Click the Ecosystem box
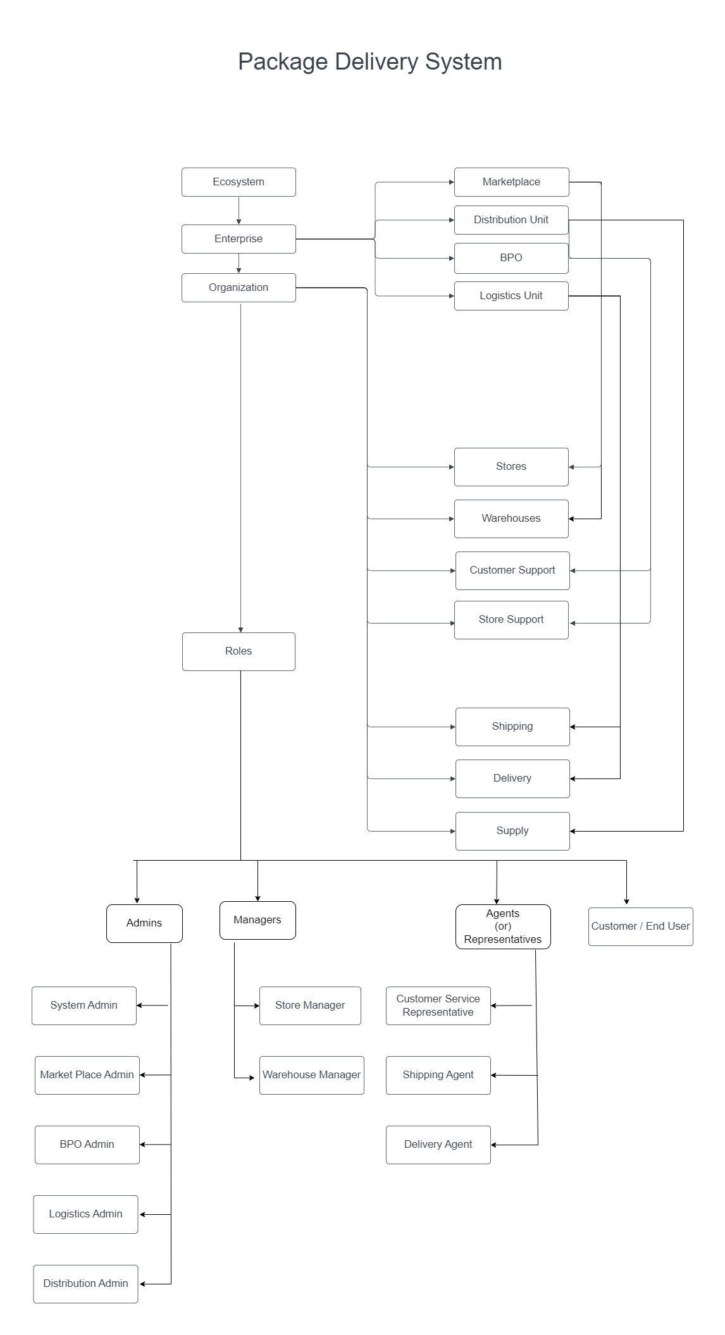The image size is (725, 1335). pyautogui.click(x=239, y=182)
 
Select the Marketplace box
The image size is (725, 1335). pyautogui.click(x=511, y=182)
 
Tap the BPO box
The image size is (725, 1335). pyautogui.click(x=511, y=258)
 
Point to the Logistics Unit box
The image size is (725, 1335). pyautogui.click(x=511, y=296)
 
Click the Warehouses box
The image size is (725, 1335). pyautogui.click(x=511, y=519)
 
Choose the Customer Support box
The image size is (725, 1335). pyautogui.click(x=512, y=570)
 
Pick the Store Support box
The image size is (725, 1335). pyautogui.click(x=511, y=620)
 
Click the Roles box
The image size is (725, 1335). pyautogui.click(x=239, y=651)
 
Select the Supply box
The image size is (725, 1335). pyautogui.click(x=512, y=831)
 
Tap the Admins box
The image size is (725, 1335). pyautogui.click(x=144, y=923)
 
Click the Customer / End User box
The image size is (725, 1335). pyautogui.click(x=640, y=926)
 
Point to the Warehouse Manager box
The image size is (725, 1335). pyautogui.click(x=311, y=1075)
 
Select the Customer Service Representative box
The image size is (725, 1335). pyautogui.click(x=438, y=1006)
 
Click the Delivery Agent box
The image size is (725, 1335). pyautogui.click(x=438, y=1145)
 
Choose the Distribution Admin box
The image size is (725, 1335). pyautogui.click(x=85, y=1284)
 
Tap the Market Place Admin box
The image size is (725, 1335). pyautogui.click(x=87, y=1075)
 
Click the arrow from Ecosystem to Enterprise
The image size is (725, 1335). pyautogui.click(x=239, y=210)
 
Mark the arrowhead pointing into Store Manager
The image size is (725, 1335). pyautogui.click(x=256, y=1006)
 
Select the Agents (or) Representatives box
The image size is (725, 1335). pyautogui.click(x=503, y=926)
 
